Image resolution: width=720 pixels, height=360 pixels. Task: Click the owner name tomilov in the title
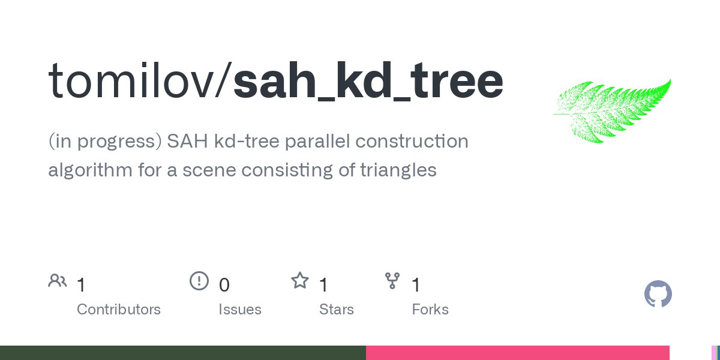[x=131, y=80]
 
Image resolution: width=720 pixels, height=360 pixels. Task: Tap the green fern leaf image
[x=612, y=111]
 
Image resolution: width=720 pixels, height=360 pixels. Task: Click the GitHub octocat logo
[x=658, y=294]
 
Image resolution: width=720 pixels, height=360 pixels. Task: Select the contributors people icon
[x=58, y=280]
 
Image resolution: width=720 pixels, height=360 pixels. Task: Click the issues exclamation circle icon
[x=199, y=281]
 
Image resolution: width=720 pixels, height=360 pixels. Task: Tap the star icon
[x=300, y=280]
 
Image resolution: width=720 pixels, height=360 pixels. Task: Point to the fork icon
[x=392, y=281]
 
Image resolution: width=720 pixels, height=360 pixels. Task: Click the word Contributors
[x=119, y=310]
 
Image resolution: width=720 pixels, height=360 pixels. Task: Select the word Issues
[x=240, y=310]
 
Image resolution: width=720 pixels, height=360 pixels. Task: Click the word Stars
[x=336, y=310]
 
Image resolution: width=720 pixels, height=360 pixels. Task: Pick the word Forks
[x=430, y=310]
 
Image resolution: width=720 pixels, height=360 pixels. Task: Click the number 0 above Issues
[x=224, y=285]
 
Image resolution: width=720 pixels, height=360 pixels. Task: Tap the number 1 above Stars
[x=323, y=285]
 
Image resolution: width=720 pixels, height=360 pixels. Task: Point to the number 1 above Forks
[x=416, y=285]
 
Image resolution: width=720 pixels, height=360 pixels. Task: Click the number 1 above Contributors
[x=82, y=285]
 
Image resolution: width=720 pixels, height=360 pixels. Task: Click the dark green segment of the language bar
[x=183, y=353]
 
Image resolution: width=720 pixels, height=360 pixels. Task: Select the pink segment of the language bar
[x=517, y=353]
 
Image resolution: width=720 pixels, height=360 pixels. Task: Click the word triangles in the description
[x=398, y=170]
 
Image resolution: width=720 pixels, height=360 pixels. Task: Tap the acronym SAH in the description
[x=187, y=141]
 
